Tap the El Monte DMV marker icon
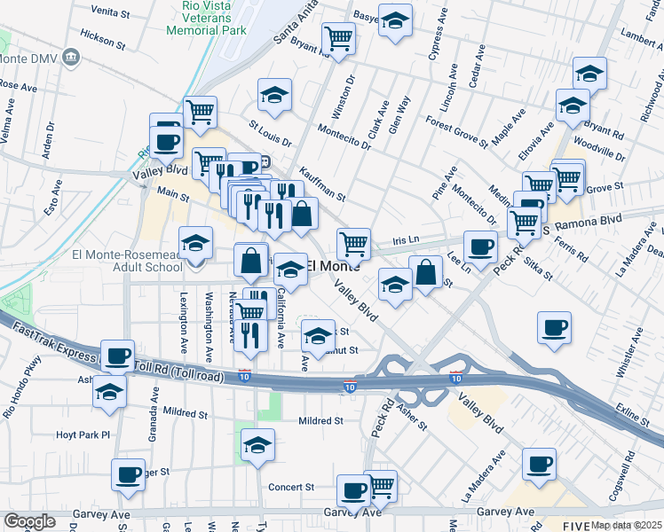(72, 58)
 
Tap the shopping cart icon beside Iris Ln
(353, 242)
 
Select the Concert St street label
(292, 487)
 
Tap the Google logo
(29, 521)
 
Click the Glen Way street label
(400, 115)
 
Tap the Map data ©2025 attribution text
(627, 525)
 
